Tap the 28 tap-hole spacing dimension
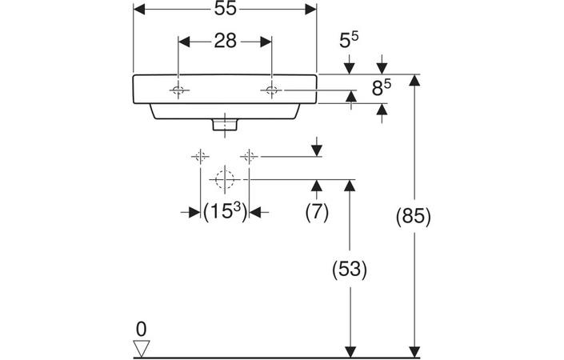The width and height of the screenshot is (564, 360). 226,41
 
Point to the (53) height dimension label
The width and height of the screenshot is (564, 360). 349,270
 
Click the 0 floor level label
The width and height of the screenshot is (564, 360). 141,328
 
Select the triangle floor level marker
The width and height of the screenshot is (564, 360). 142,347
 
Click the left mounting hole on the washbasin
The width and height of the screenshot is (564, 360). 179,91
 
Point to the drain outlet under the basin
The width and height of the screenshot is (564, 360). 226,124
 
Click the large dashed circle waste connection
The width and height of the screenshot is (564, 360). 226,178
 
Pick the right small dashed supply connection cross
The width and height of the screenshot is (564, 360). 250,157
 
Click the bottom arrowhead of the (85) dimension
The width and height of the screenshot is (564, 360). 414,350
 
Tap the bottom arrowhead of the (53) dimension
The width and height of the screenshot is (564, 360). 349,350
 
